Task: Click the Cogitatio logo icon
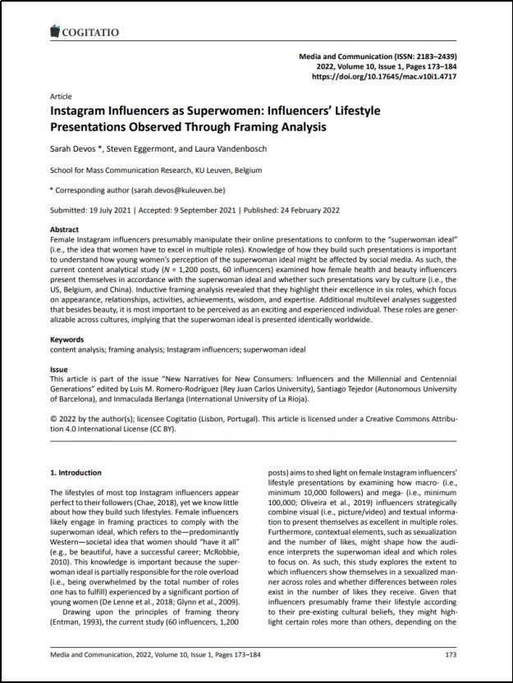[56, 31]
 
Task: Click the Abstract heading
[65, 230]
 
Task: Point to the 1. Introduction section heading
[76, 473]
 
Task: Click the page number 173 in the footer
[450, 654]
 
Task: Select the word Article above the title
[62, 96]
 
